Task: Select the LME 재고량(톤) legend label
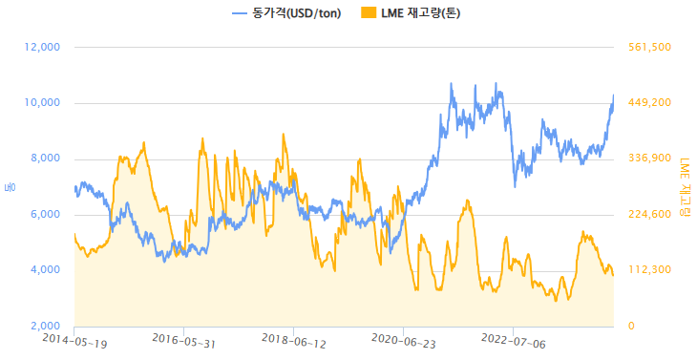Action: pos(421,13)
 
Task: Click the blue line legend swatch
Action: pos(240,13)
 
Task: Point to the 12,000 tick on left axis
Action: pos(41,47)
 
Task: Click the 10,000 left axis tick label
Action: pos(41,103)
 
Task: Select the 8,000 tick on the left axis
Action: pos(44,159)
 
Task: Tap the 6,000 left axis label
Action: pos(44,215)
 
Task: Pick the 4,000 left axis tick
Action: pos(44,270)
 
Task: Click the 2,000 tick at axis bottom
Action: pos(44,327)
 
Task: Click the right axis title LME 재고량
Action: pos(683,186)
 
